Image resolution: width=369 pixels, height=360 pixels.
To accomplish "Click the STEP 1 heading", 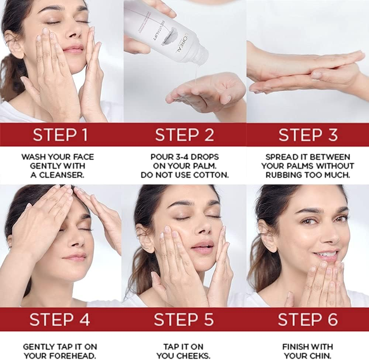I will pos(60,135).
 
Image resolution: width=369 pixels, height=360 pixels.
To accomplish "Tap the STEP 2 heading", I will pos(184,135).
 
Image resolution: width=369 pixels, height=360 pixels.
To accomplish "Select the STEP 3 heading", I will pos(308,135).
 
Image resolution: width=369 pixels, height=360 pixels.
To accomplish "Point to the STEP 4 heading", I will pos(60,320).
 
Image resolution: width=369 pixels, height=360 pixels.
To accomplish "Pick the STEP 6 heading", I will pos(307,320).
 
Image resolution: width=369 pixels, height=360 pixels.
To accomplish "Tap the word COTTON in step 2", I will pos(210,175).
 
